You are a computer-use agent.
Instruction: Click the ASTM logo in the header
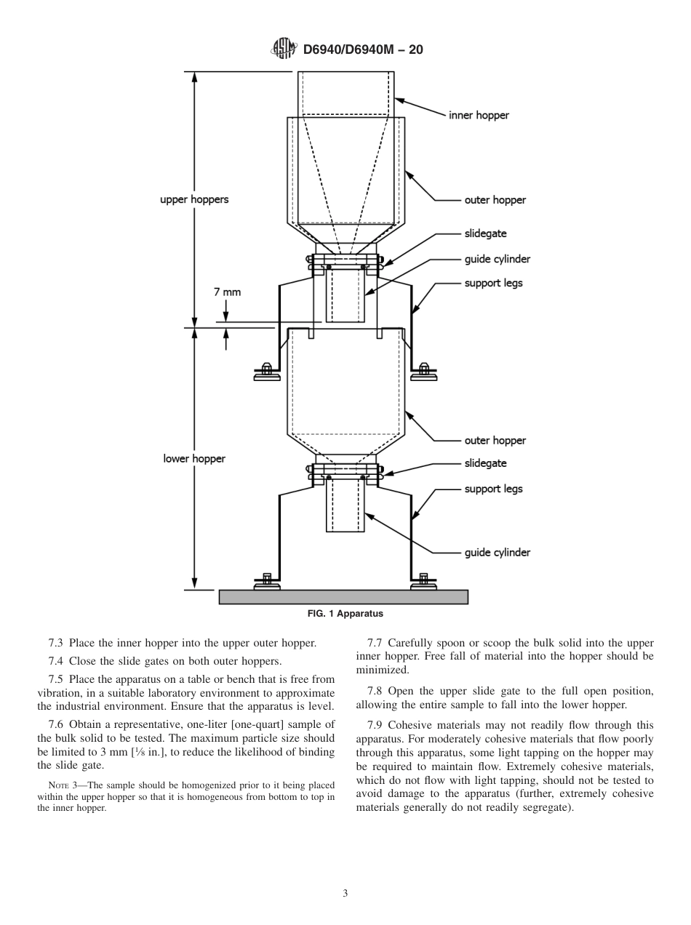tap(283, 49)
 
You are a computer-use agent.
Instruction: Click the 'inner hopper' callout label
tap(478, 115)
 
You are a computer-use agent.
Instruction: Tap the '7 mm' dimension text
tap(226, 292)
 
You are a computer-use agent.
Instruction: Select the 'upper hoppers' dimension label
tap(194, 199)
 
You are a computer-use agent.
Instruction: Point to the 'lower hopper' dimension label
tap(194, 459)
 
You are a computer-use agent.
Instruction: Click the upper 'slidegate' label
tap(485, 233)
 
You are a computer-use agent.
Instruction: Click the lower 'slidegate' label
tap(485, 463)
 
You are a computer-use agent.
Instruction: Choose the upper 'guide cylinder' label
tap(497, 259)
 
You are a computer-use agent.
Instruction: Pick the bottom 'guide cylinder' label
tap(497, 553)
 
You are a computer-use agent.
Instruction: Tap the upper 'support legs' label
tap(493, 283)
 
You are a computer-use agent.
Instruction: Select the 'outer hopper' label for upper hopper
tap(495, 200)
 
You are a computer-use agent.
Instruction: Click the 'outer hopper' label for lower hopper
tap(495, 440)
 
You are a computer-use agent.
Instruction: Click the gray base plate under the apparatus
tap(343, 597)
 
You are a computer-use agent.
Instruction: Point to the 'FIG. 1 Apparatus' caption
tap(345, 614)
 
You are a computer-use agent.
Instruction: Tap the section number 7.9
tap(375, 725)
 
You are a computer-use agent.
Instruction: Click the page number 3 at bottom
tap(345, 893)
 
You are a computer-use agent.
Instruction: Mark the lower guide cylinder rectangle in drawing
tap(345, 505)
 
